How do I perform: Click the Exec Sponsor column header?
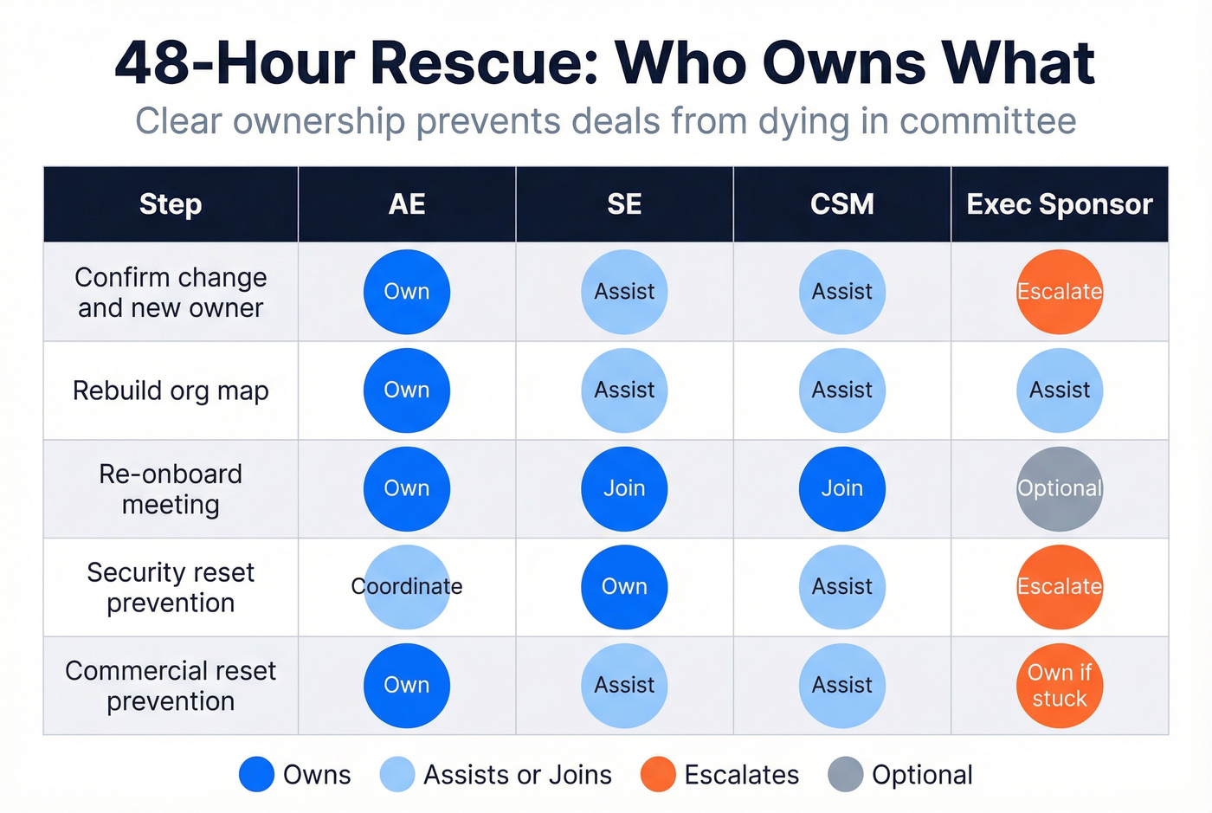[x=1059, y=204]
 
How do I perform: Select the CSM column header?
[x=841, y=204]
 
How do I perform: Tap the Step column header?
[x=171, y=204]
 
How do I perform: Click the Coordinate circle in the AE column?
[x=406, y=586]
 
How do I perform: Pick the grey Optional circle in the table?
[x=1059, y=488]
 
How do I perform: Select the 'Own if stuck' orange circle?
[x=1059, y=685]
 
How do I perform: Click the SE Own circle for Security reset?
[x=624, y=586]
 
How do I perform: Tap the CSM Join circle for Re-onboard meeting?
[x=841, y=488]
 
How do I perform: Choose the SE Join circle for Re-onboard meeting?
[x=624, y=488]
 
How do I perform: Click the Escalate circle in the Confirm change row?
[x=1059, y=292]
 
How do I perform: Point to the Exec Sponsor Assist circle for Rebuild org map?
[x=1059, y=390]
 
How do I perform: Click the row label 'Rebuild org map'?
[x=171, y=390]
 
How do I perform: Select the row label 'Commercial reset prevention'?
[x=171, y=686]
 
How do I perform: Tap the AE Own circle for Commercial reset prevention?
[x=406, y=685]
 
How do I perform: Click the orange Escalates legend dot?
[x=658, y=774]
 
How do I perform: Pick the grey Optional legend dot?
[x=845, y=774]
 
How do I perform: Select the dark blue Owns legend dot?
[x=256, y=774]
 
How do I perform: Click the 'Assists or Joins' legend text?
[x=517, y=774]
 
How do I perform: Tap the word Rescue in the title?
[x=485, y=63]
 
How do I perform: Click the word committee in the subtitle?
[x=988, y=121]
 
